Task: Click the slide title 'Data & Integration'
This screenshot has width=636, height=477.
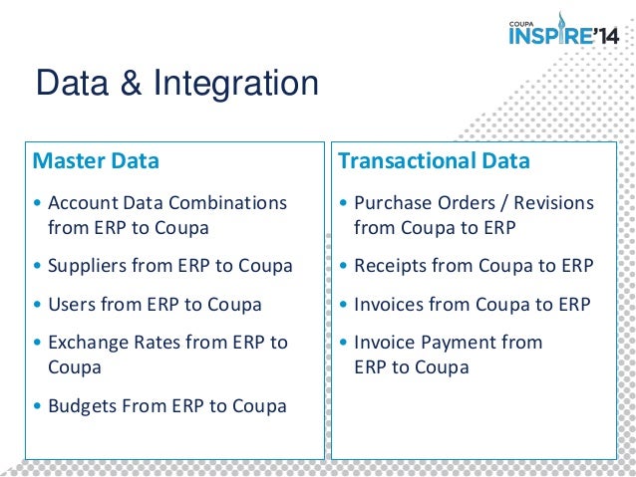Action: (x=176, y=84)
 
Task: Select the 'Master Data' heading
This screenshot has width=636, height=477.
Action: (x=97, y=160)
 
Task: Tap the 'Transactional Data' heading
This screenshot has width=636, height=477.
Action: (x=434, y=160)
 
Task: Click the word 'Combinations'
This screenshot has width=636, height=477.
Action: (x=227, y=203)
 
